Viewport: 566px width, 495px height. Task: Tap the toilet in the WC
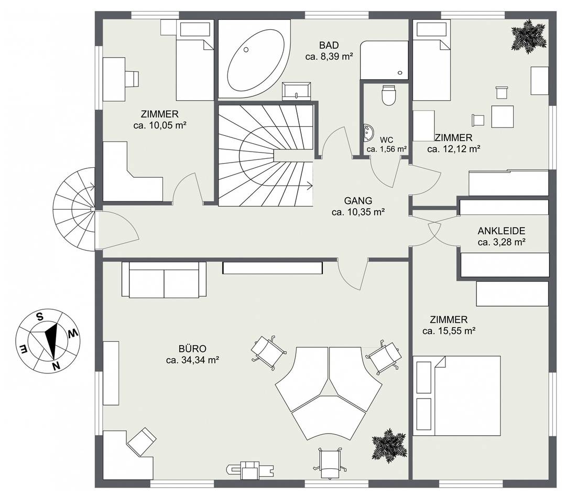click(x=388, y=95)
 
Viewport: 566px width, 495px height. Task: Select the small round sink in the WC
click(x=368, y=133)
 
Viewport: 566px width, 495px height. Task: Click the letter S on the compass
click(x=40, y=317)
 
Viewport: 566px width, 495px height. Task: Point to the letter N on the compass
click(x=56, y=365)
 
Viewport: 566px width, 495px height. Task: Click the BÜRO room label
click(x=192, y=349)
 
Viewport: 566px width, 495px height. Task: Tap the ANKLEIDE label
click(x=502, y=231)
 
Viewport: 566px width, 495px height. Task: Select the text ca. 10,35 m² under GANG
click(x=358, y=212)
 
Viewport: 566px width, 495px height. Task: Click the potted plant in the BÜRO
click(x=389, y=446)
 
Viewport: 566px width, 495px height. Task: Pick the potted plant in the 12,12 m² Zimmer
click(x=528, y=37)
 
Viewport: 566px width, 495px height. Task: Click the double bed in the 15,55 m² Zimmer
click(x=457, y=395)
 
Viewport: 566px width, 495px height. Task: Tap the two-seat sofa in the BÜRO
click(x=164, y=279)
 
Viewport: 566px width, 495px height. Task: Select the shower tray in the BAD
click(x=384, y=60)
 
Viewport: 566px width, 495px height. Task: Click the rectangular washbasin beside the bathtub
click(x=297, y=91)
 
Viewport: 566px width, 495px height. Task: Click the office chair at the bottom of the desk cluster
click(x=330, y=463)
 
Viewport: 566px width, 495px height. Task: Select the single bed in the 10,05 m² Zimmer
click(x=195, y=61)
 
